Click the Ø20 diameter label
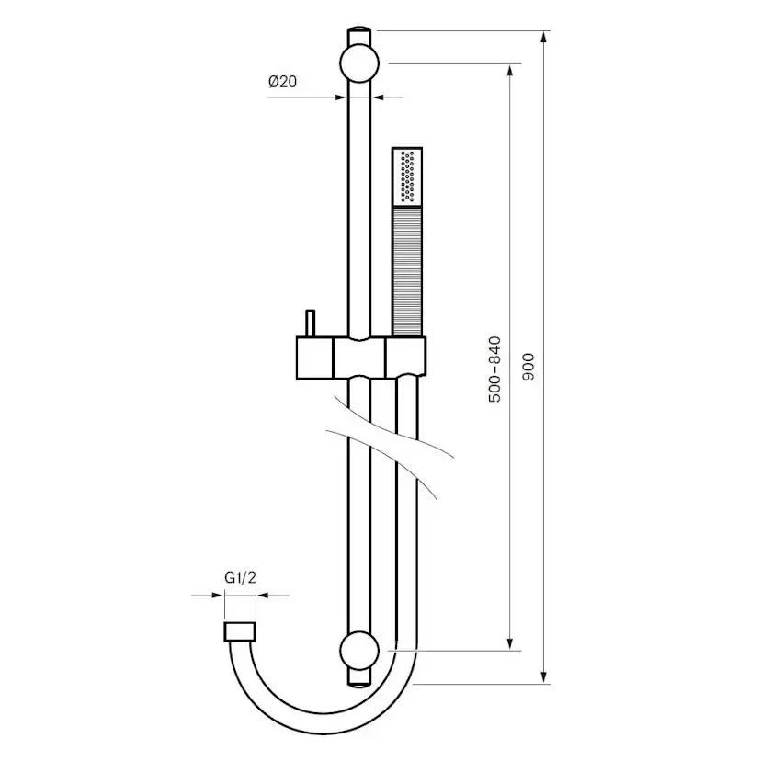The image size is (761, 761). pyautogui.click(x=282, y=82)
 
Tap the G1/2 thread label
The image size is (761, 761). pyautogui.click(x=240, y=578)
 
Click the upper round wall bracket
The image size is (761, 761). pyautogui.click(x=358, y=65)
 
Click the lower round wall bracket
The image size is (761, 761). pyautogui.click(x=358, y=651)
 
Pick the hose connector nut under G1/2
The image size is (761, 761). pyautogui.click(x=240, y=631)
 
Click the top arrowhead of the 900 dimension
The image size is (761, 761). pyautogui.click(x=546, y=37)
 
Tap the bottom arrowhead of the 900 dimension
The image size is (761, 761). pyautogui.click(x=546, y=677)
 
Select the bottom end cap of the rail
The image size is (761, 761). pyautogui.click(x=358, y=678)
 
